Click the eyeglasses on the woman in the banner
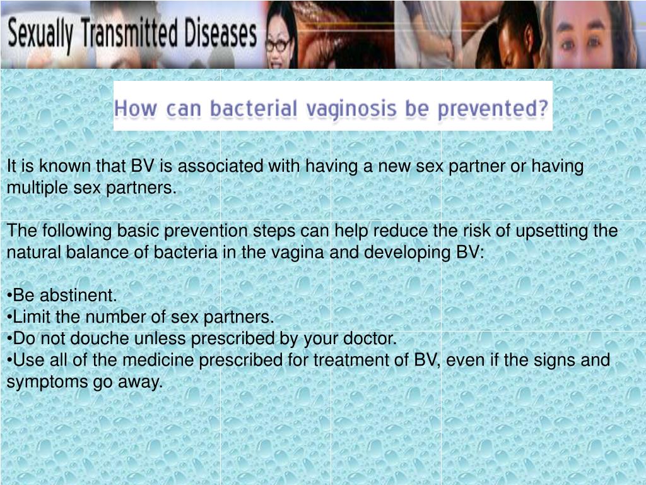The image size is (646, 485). (278, 45)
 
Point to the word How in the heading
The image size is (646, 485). (135, 109)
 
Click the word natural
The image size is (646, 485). (32, 253)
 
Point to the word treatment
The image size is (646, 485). (353, 361)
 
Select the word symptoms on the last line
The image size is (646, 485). (48, 382)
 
